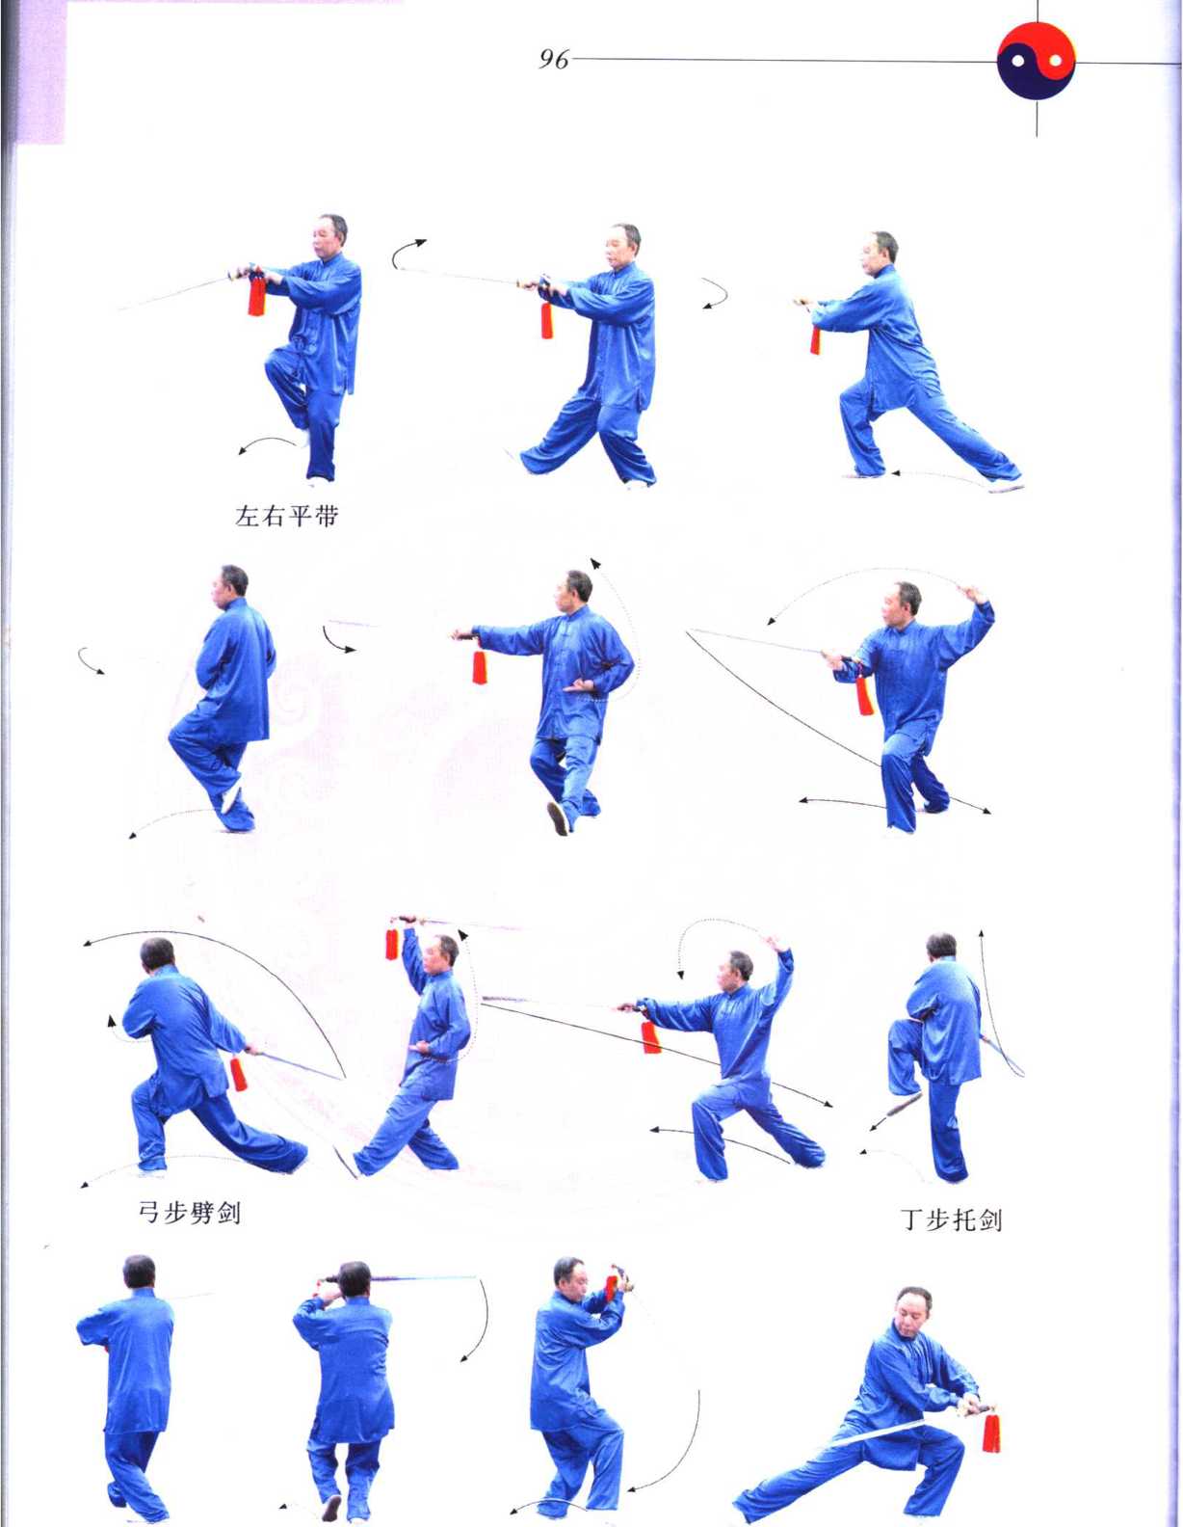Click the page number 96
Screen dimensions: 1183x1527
(553, 60)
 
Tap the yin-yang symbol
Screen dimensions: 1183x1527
(1037, 61)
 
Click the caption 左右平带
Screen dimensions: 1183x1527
(286, 517)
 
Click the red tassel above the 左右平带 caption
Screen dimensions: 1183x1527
(257, 294)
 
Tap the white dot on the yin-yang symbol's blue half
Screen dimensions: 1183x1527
(1018, 62)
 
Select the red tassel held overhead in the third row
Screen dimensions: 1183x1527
(392, 944)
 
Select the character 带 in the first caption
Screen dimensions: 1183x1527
(327, 517)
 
